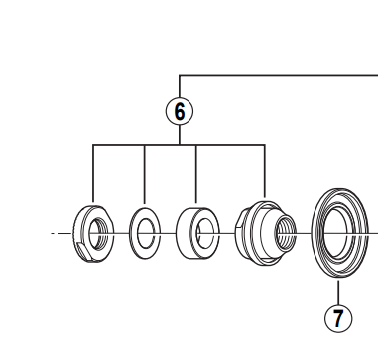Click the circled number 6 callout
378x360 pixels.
tap(179, 111)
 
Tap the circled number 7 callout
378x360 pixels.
tap(338, 318)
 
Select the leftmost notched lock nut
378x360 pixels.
tap(92, 235)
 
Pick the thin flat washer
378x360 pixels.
tap(144, 235)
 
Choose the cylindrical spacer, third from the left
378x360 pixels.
tap(196, 234)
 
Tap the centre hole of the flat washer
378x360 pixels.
tap(145, 235)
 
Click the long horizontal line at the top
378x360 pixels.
tap(278, 75)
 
